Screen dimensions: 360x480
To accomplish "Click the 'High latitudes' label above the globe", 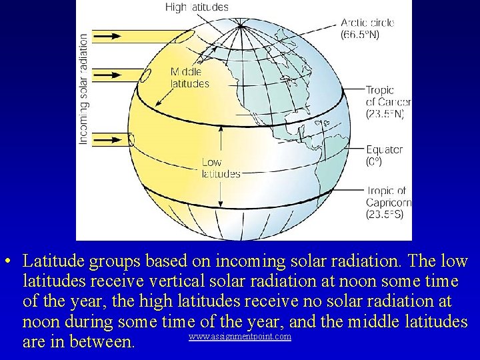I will point(197,7).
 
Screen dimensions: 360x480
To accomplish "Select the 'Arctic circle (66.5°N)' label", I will point(367,28).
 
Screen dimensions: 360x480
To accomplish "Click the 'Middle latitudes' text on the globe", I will point(189,77).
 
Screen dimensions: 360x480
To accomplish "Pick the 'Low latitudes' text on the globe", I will point(221,168).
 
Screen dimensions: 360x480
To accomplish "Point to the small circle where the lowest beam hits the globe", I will point(131,140).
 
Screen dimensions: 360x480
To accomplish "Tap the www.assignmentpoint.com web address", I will point(240,337).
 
